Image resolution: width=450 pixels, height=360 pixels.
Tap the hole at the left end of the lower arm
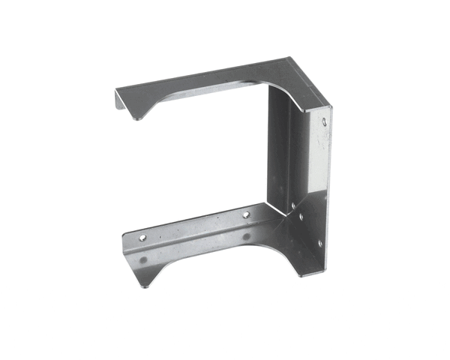(x=142, y=237)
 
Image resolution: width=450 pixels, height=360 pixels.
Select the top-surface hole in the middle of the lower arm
(x=245, y=215)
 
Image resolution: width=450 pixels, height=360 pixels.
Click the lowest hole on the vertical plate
(x=319, y=243)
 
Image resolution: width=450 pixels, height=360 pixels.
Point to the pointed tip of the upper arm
(x=139, y=118)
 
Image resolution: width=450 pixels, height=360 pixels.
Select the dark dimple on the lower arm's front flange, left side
(x=143, y=260)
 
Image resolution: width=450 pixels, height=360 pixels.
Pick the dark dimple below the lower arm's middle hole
(x=245, y=237)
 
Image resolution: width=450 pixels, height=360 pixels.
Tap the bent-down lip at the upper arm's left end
(x=120, y=102)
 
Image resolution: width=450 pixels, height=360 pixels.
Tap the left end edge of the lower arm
(x=125, y=243)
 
